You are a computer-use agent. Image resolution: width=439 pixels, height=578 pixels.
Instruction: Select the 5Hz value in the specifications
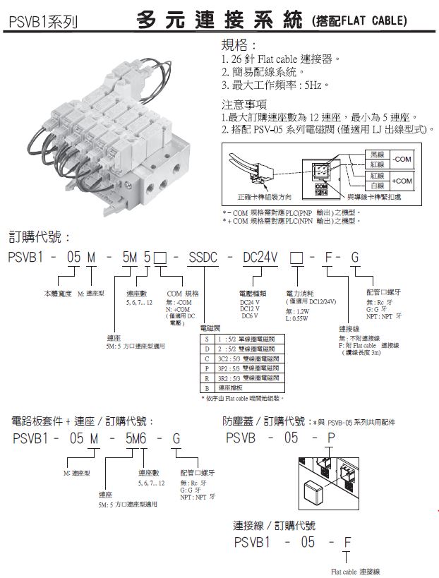point(315,85)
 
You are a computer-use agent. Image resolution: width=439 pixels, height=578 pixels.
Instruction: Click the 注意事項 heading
point(243,104)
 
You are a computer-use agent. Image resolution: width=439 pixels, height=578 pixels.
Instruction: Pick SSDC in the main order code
point(204,258)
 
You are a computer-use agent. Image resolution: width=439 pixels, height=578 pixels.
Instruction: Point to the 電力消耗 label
point(299,292)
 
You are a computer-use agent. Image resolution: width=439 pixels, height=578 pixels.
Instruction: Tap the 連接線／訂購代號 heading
point(275,525)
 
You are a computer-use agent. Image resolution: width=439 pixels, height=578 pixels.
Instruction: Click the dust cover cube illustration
point(316,492)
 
